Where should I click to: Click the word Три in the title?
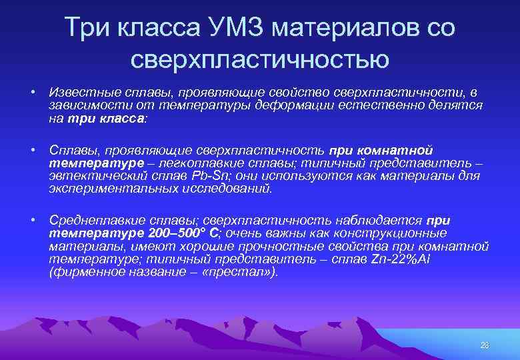click(x=89, y=28)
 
